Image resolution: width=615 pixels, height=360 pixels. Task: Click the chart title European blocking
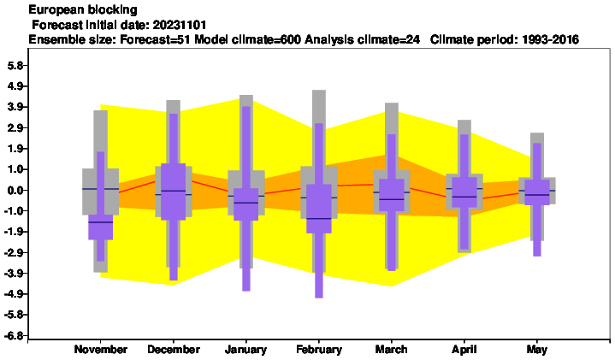[83, 9]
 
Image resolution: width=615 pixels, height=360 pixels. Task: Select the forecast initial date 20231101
[180, 25]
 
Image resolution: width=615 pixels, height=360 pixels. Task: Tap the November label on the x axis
[101, 350]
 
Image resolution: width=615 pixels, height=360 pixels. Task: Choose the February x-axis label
[319, 350]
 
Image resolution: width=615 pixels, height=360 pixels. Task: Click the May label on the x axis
[537, 350]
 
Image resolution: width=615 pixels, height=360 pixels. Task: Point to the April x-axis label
[464, 350]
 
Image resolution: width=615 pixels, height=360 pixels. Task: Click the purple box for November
[101, 227]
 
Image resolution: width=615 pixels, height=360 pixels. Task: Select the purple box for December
[174, 192]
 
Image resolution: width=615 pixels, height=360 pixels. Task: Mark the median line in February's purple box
[319, 218]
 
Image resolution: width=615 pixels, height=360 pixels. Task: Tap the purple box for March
[392, 195]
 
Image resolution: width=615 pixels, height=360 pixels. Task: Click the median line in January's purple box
[246, 203]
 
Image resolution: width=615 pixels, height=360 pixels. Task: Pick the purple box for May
[537, 192]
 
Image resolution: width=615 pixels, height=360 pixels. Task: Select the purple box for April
[464, 192]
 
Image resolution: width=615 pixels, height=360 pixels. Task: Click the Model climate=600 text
[248, 39]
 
